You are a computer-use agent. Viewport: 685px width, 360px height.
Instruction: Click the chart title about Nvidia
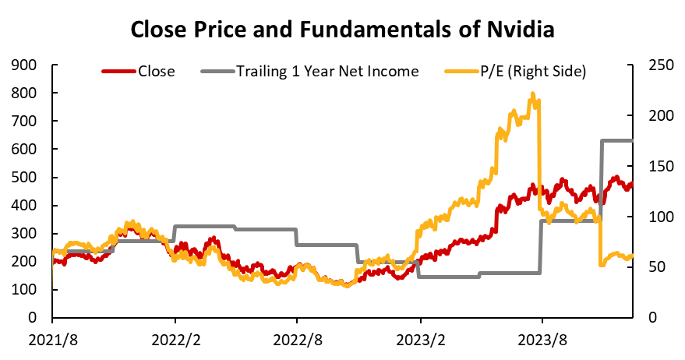(x=342, y=30)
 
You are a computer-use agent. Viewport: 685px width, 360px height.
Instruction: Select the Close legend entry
(x=156, y=72)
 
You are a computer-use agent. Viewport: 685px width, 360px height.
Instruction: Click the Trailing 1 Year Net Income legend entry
(x=328, y=72)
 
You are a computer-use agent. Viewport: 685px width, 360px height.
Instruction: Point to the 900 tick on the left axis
(x=30, y=65)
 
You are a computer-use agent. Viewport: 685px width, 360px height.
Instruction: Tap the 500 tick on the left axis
(x=30, y=178)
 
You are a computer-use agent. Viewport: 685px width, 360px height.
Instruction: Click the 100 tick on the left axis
(x=30, y=290)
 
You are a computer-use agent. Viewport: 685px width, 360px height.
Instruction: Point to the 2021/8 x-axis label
(x=52, y=339)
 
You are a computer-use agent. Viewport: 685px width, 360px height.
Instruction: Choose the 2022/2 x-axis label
(x=175, y=339)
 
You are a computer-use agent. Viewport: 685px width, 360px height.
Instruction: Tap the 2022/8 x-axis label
(x=297, y=339)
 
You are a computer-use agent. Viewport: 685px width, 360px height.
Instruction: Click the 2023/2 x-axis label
(x=420, y=339)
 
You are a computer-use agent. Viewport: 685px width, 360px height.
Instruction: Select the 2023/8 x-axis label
(x=542, y=339)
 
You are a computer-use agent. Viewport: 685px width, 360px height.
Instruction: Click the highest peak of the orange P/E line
(x=532, y=94)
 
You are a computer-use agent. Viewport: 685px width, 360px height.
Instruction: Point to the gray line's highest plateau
(x=616, y=140)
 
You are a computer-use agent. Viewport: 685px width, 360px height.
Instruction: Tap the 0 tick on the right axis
(x=653, y=318)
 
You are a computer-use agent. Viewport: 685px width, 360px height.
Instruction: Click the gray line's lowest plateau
(x=448, y=277)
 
